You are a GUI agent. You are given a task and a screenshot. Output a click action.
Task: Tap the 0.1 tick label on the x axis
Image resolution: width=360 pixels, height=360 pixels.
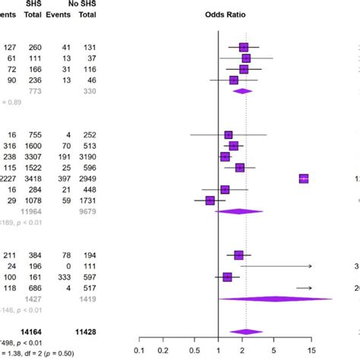click(x=139, y=349)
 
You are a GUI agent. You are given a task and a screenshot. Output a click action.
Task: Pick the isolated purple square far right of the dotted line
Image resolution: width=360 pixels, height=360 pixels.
click(x=304, y=178)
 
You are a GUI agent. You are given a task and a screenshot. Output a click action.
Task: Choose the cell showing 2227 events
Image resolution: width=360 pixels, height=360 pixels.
click(x=10, y=178)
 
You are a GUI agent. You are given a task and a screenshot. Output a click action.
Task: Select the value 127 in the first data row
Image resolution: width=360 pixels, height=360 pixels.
click(x=11, y=47)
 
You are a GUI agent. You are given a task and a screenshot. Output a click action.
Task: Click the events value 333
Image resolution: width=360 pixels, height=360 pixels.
click(x=68, y=278)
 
